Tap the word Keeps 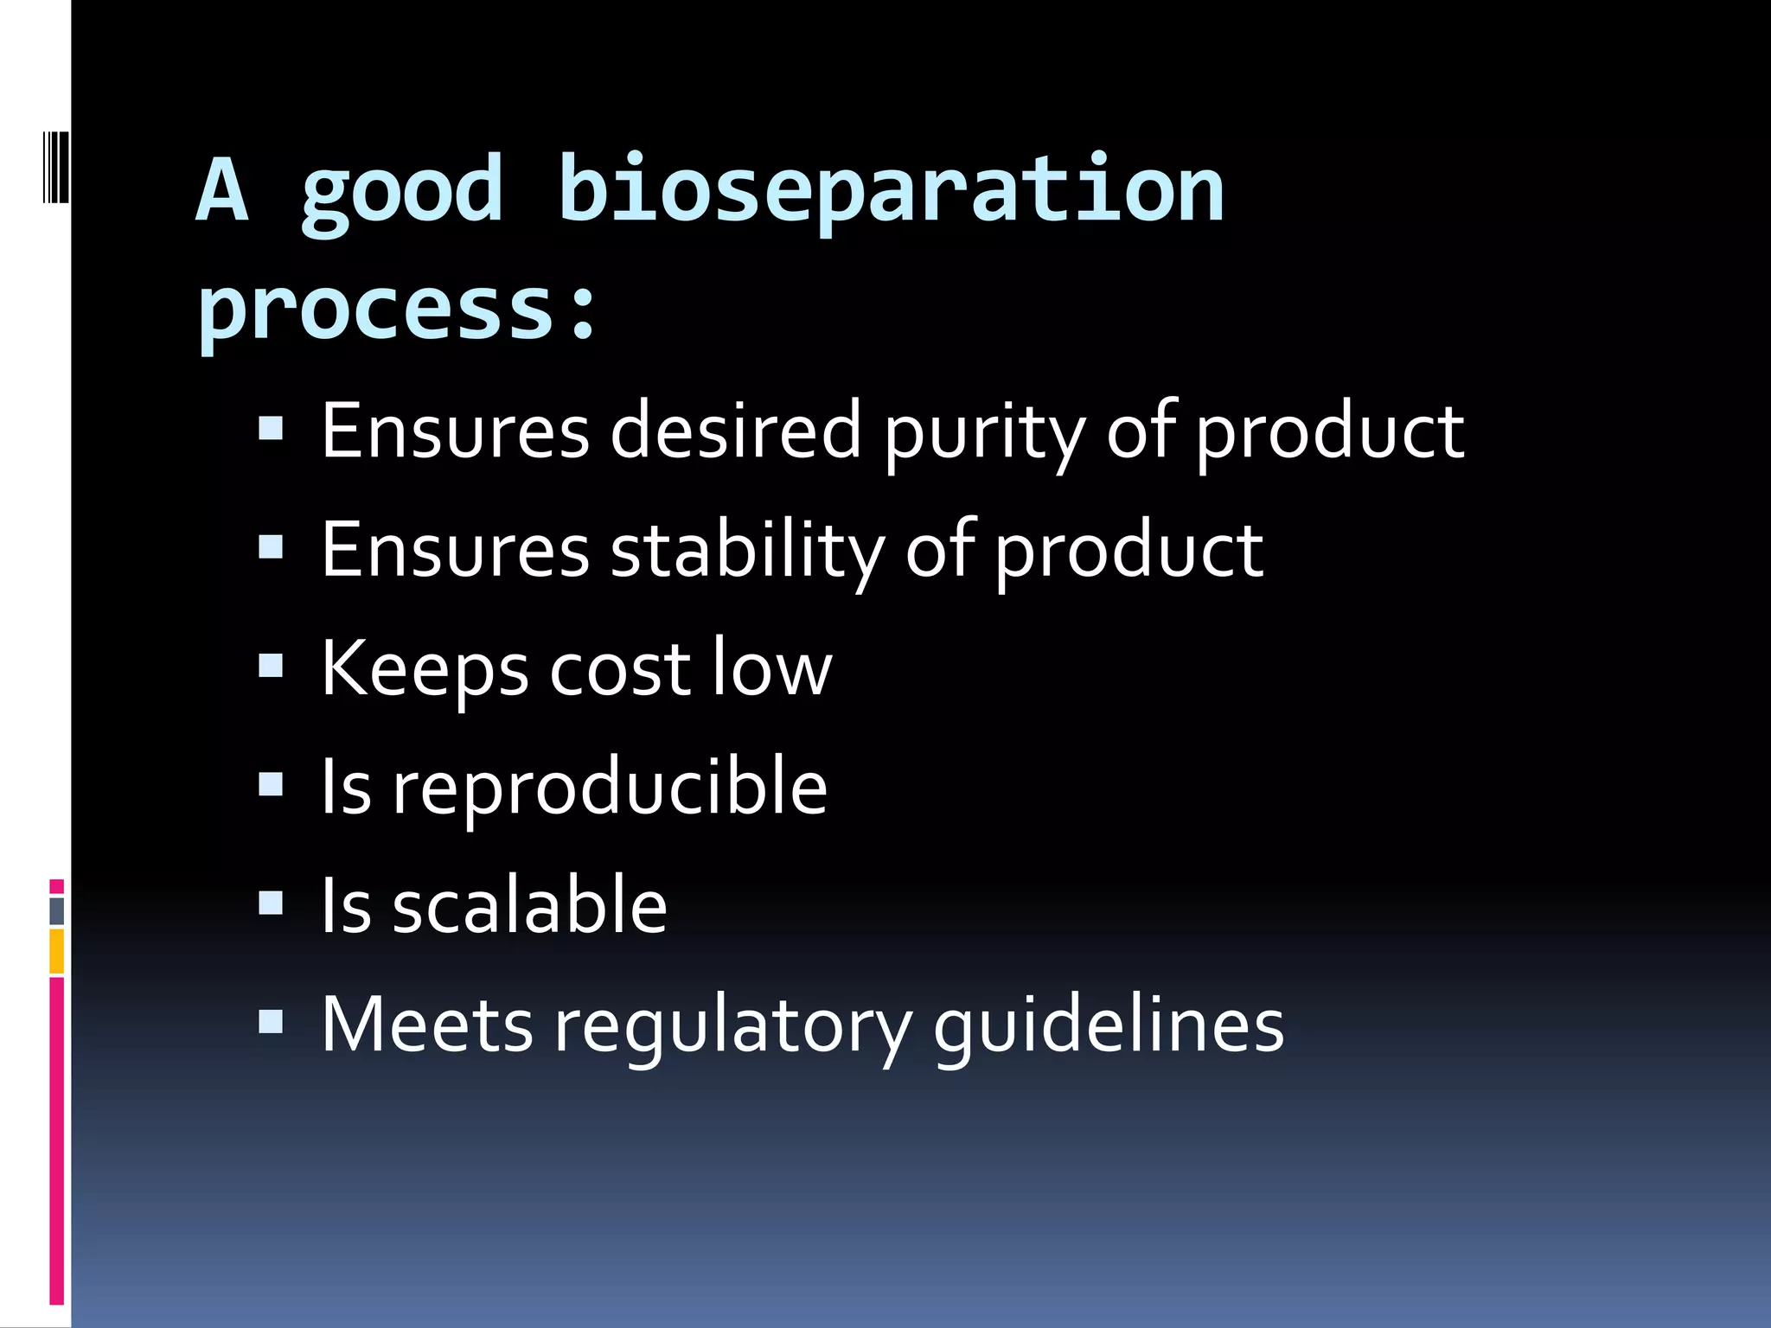tap(424, 670)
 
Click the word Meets tap(426, 1025)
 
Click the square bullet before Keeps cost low tap(271, 665)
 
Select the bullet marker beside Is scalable tap(271, 903)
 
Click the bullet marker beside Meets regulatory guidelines tap(271, 1023)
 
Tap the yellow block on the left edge tap(56, 951)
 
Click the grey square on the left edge tap(56, 910)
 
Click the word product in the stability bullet tap(1128, 551)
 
